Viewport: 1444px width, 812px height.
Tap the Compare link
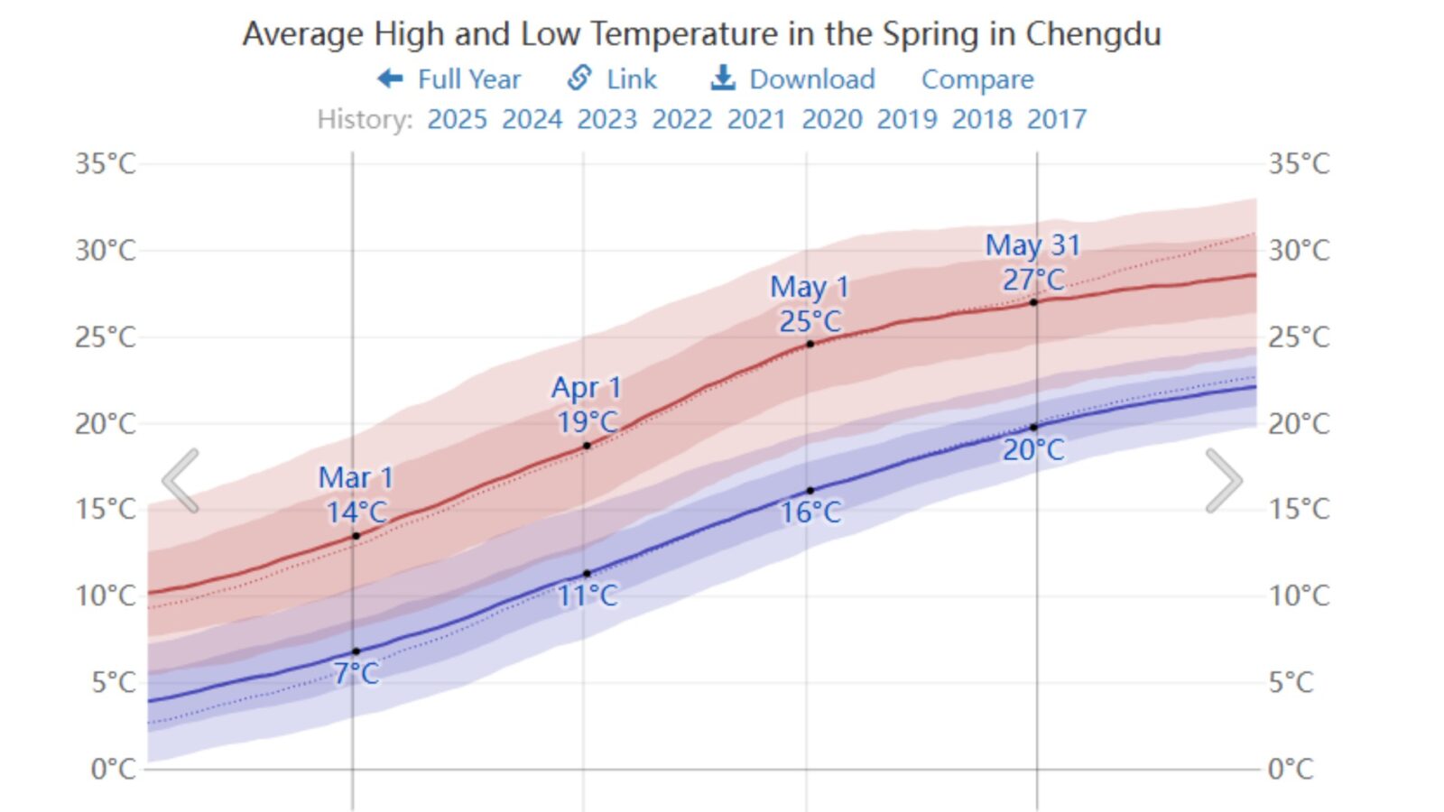(x=977, y=79)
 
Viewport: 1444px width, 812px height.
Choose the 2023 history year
(x=606, y=119)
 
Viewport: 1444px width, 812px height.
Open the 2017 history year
(x=1056, y=119)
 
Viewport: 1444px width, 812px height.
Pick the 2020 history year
(x=831, y=119)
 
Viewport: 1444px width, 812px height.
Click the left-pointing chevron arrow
(x=181, y=481)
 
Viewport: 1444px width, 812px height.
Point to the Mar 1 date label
(x=356, y=477)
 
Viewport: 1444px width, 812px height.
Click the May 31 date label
(x=1032, y=245)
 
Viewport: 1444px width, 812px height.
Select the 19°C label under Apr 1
(x=587, y=421)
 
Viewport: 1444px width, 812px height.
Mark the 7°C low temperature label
(x=356, y=673)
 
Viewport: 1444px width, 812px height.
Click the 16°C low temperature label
(x=810, y=512)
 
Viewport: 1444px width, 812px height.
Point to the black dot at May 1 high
(x=810, y=344)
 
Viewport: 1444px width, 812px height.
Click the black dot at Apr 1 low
(x=587, y=574)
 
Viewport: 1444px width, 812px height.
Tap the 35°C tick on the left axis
(x=106, y=164)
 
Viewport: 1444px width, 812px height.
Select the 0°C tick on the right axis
(x=1290, y=769)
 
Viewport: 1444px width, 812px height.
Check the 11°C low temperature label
(x=588, y=595)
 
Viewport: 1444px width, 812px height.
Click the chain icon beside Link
(x=579, y=78)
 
